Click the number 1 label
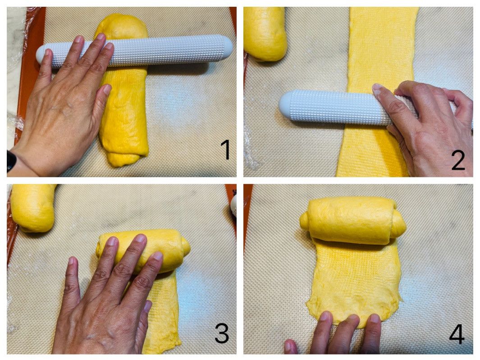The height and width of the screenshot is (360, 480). (x=226, y=149)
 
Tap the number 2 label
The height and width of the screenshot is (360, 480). (x=458, y=160)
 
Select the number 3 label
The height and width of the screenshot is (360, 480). (x=222, y=333)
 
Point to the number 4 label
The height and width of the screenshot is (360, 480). (x=457, y=333)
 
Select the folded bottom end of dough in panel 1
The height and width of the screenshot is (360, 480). (x=124, y=158)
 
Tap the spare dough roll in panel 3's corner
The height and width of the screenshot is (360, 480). (x=33, y=207)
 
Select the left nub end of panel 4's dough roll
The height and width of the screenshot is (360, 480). (x=304, y=221)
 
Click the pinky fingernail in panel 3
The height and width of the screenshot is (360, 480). (x=148, y=306)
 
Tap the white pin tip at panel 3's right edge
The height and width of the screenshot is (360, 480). (x=233, y=205)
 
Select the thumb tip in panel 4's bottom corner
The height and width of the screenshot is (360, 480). (x=291, y=346)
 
